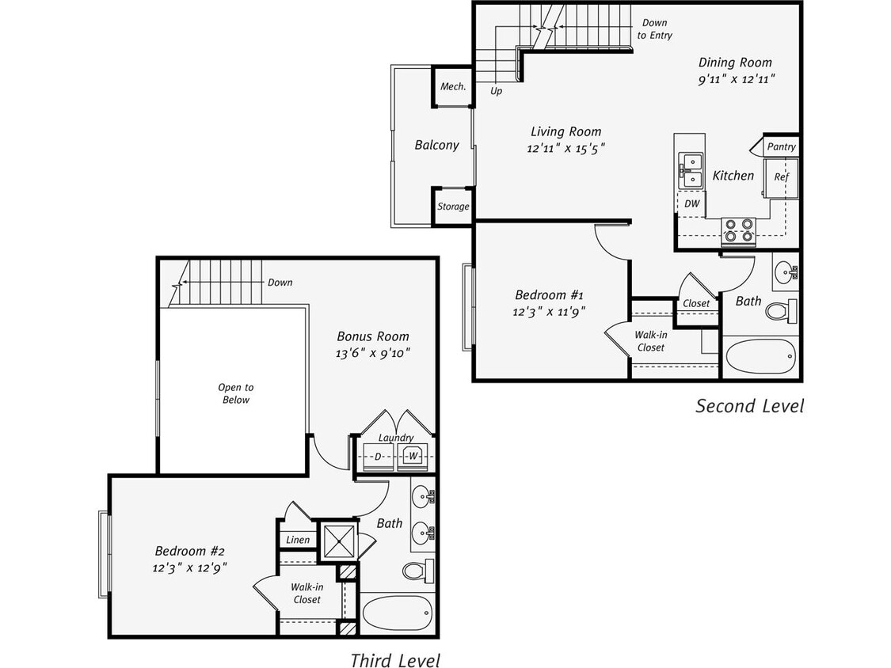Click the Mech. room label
(452, 86)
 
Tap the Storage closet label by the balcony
(453, 207)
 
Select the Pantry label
(781, 146)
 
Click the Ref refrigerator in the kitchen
(781, 177)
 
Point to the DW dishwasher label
(692, 203)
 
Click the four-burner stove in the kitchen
(738, 230)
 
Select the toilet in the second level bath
(781, 310)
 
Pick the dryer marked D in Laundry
(378, 457)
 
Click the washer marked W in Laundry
(413, 457)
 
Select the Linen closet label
(298, 540)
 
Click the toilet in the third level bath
(417, 569)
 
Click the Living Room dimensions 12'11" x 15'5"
(565, 147)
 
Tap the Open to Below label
(236, 393)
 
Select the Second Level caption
(749, 406)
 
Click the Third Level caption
(394, 659)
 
